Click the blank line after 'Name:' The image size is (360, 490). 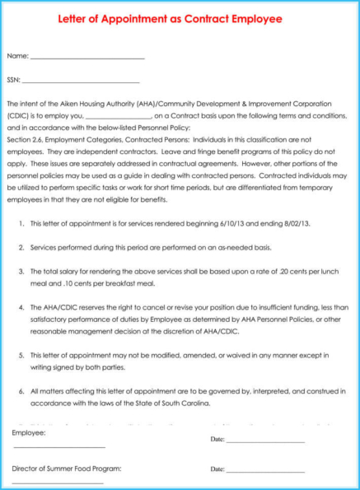pyautogui.click(x=86, y=58)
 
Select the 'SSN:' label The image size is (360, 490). pyautogui.click(x=13, y=80)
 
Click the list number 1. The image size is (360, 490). pyautogui.click(x=21, y=224)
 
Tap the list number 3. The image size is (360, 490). pyautogui.click(x=21, y=271)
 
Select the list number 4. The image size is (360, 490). pyautogui.click(x=21, y=307)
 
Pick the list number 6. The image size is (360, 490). pyautogui.click(x=21, y=391)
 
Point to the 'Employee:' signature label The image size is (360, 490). pyautogui.click(x=29, y=432)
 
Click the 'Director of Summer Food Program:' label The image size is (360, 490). pyautogui.click(x=67, y=468)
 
